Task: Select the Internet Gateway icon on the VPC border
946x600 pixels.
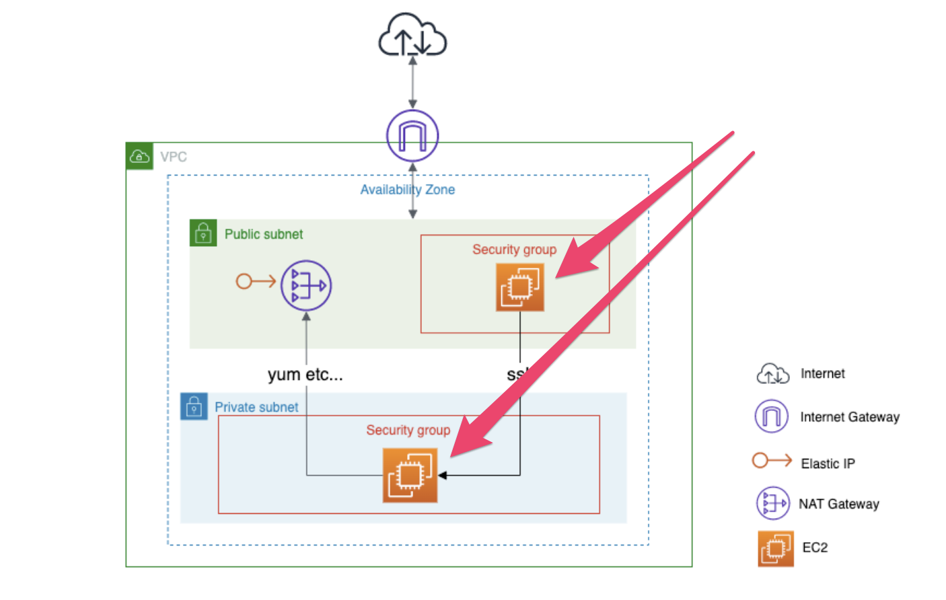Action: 412,135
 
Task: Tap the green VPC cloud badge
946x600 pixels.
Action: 139,156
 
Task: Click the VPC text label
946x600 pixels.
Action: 174,157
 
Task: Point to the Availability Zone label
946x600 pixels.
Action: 407,190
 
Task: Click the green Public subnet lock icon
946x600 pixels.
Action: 203,233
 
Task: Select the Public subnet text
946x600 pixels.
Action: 264,234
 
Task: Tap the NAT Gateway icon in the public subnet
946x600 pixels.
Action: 306,285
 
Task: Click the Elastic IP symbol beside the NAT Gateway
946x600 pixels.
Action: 255,281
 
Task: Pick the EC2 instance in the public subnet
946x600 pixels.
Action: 519,287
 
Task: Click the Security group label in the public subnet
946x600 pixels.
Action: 514,250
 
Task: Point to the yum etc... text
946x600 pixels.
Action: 305,375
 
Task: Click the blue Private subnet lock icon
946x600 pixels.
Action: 194,406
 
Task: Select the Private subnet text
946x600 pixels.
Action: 256,407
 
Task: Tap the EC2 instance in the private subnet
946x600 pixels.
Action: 410,476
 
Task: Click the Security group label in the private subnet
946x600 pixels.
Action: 408,430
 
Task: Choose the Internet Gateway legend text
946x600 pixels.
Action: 849,417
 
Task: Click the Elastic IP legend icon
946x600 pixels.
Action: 772,461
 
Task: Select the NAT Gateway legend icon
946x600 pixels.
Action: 772,503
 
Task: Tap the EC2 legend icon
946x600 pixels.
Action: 775,548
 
